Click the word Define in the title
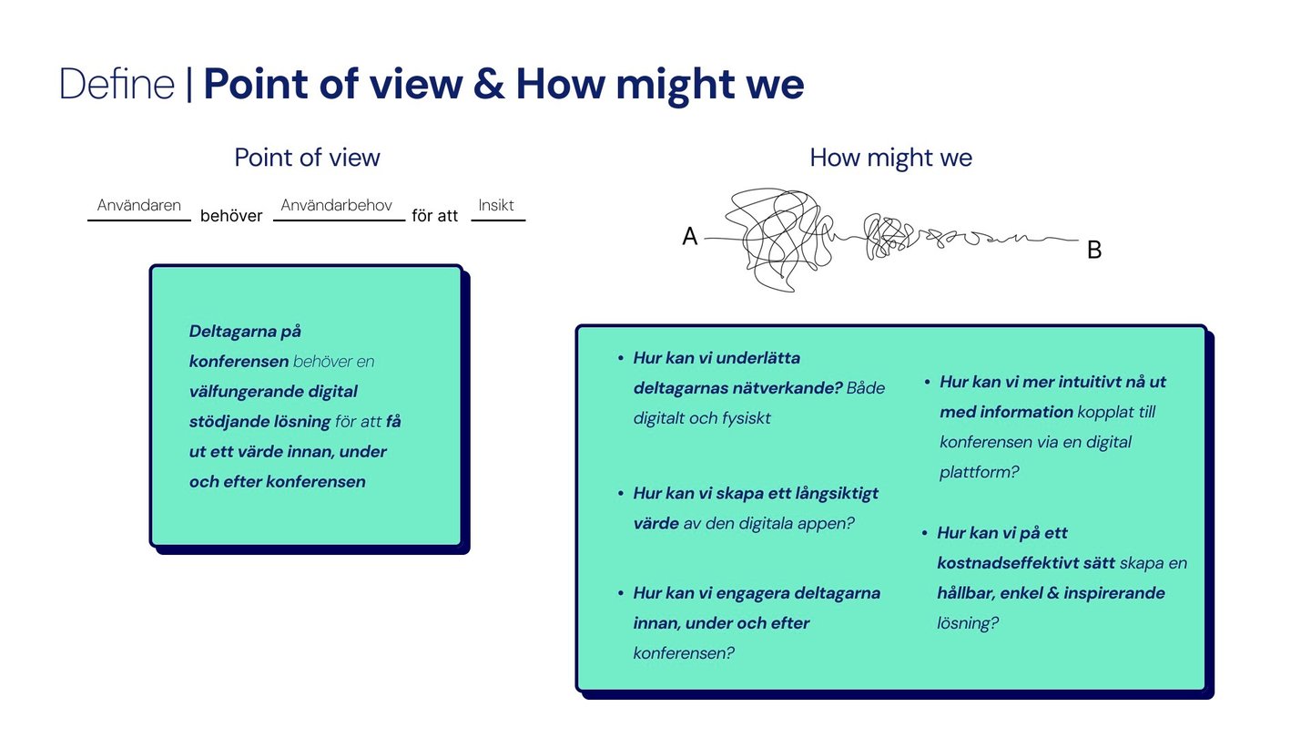tap(117, 85)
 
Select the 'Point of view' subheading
tap(307, 158)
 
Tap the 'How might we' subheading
tap(890, 158)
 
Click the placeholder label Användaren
tap(139, 206)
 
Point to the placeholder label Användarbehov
tap(337, 206)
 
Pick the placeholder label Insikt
tap(497, 206)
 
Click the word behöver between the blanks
tap(231, 216)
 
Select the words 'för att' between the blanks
tap(435, 216)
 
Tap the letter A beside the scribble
tap(690, 238)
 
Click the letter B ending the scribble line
tap(1094, 250)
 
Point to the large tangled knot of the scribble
tap(776, 240)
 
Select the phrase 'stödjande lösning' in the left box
tap(259, 422)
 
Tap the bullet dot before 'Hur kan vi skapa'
tap(620, 494)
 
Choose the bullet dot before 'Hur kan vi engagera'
tap(620, 594)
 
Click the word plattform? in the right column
tap(980, 472)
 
